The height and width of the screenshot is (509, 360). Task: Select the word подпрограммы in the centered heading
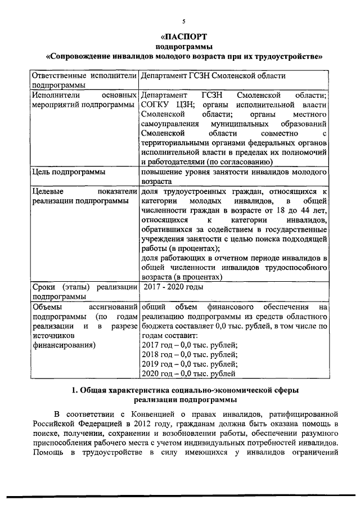pyautogui.click(x=183, y=46)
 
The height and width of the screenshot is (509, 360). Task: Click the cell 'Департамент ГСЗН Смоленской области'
pyautogui.click(x=214, y=75)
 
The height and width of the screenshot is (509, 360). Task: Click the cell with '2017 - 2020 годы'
pyautogui.click(x=173, y=287)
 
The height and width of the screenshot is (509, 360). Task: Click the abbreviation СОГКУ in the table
pyautogui.click(x=157, y=105)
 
